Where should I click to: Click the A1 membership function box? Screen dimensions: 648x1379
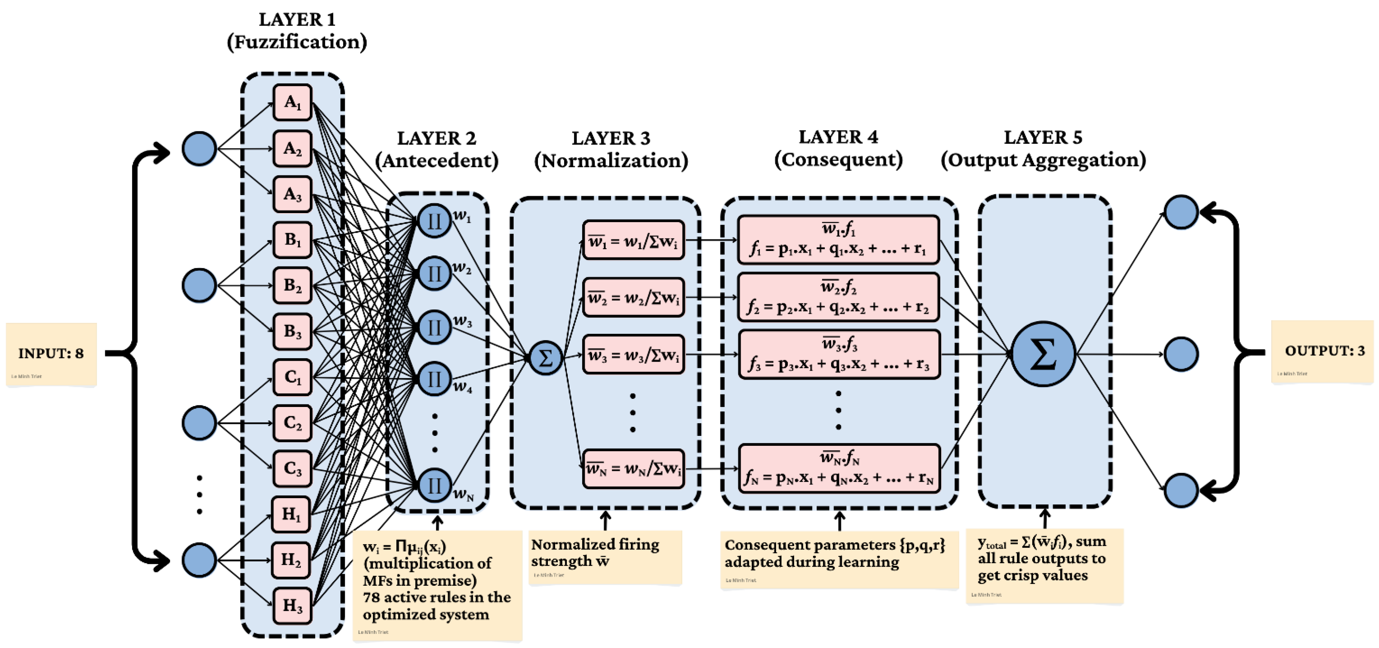coord(292,102)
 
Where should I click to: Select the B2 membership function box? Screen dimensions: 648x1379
coord(292,285)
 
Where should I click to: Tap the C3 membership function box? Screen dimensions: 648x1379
coord(292,469)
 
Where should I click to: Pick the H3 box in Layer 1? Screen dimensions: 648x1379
coord(292,606)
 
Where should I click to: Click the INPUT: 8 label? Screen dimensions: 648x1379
coord(51,353)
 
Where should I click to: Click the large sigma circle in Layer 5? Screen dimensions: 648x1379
coord(1043,354)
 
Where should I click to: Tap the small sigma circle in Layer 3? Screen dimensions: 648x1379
coord(546,358)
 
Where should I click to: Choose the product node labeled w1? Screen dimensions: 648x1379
coord(434,220)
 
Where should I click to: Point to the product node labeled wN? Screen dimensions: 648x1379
coord(434,485)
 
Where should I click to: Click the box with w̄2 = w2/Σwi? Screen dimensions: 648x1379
coord(633,297)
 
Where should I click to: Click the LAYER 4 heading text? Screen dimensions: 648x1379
coord(838,137)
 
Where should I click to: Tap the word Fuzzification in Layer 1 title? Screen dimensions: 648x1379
coord(297,42)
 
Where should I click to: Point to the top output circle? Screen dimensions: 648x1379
coord(1181,212)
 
